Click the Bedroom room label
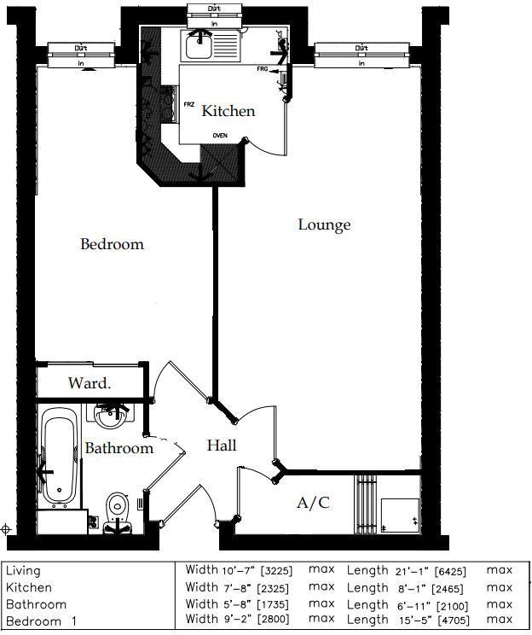click(112, 244)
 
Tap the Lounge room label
click(324, 225)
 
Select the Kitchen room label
click(228, 111)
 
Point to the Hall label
click(222, 446)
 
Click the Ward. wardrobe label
click(90, 383)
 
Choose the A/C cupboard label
click(312, 503)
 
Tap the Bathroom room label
click(119, 448)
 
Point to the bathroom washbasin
click(110, 417)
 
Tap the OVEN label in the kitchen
click(220, 135)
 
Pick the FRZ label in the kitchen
click(188, 104)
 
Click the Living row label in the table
click(23, 570)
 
